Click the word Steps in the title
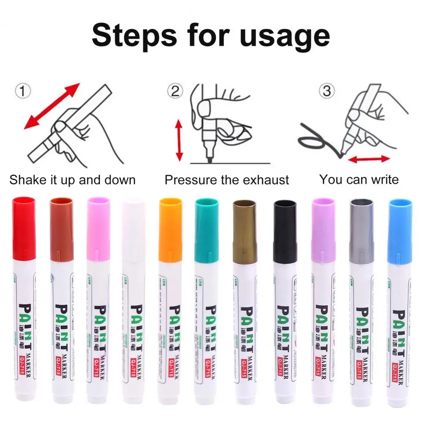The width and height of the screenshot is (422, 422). pyautogui.click(x=134, y=35)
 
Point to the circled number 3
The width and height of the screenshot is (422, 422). pyautogui.click(x=327, y=91)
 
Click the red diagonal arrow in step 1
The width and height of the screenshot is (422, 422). pyautogui.click(x=51, y=106)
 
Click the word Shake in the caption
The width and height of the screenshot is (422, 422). pyautogui.click(x=28, y=180)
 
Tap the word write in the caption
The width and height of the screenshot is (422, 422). pyautogui.click(x=382, y=180)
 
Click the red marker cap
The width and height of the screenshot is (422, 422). pyautogui.click(x=24, y=228)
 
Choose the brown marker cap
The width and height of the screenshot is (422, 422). pyautogui.click(x=62, y=228)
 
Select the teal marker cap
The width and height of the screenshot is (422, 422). pyautogui.click(x=207, y=230)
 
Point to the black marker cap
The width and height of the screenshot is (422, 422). pyautogui.click(x=285, y=231)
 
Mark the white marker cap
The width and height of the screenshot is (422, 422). pyautogui.click(x=134, y=228)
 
